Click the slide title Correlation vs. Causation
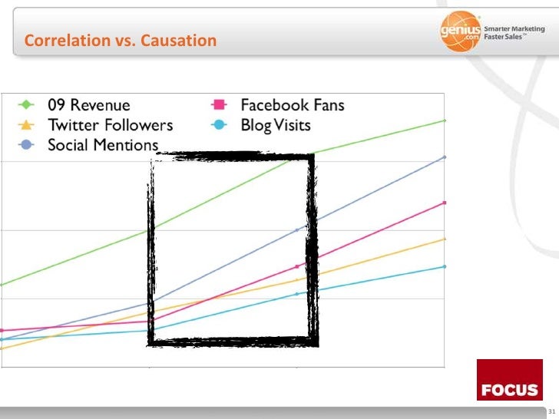[x=121, y=40]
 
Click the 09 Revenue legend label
[x=89, y=105]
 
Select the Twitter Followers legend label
[x=110, y=125]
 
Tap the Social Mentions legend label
[x=103, y=144]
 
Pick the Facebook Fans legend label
[x=293, y=105]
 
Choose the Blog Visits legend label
[x=276, y=125]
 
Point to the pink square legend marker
[x=218, y=105]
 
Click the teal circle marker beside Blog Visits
[x=218, y=125]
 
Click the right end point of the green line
[x=445, y=120]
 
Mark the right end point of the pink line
[x=445, y=203]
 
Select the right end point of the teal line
[x=445, y=266]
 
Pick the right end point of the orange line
[x=445, y=239]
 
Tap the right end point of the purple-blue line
[x=445, y=157]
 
